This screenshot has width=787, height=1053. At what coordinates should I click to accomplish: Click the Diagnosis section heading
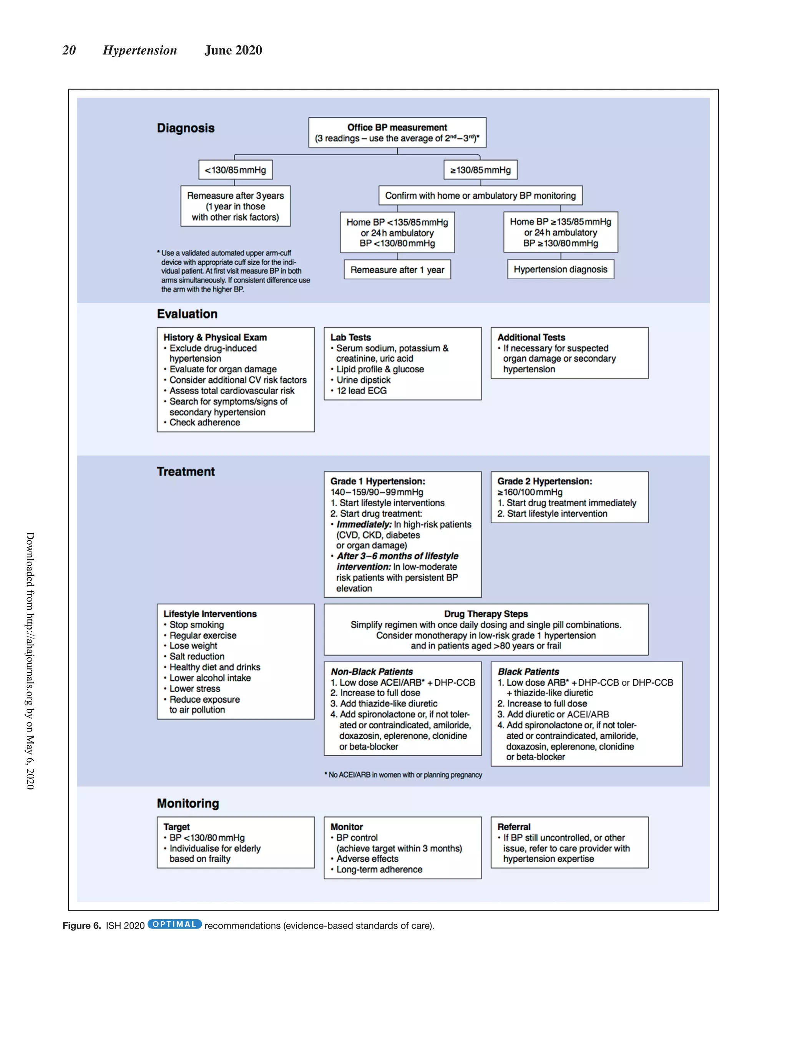click(186, 128)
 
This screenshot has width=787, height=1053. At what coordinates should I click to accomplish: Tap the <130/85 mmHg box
click(235, 170)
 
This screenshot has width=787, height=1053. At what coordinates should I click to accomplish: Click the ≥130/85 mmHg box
click(480, 170)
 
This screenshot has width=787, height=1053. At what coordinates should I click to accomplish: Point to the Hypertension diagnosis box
click(560, 269)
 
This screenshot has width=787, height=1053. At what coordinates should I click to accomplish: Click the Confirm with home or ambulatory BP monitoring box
click(480, 196)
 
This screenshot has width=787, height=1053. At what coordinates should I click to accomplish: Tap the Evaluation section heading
click(187, 314)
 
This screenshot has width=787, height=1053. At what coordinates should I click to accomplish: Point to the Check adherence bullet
click(204, 423)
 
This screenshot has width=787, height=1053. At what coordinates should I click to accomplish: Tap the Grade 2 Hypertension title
click(544, 481)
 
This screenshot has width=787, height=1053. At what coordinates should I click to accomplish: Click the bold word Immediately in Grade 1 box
click(364, 524)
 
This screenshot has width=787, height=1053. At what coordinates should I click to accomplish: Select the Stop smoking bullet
click(196, 625)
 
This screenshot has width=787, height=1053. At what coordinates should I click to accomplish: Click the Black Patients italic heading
click(528, 672)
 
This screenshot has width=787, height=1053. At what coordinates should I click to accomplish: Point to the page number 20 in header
click(69, 50)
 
